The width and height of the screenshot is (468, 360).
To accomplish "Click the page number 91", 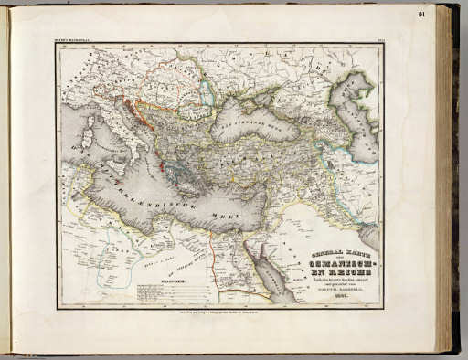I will click(448, 14).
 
